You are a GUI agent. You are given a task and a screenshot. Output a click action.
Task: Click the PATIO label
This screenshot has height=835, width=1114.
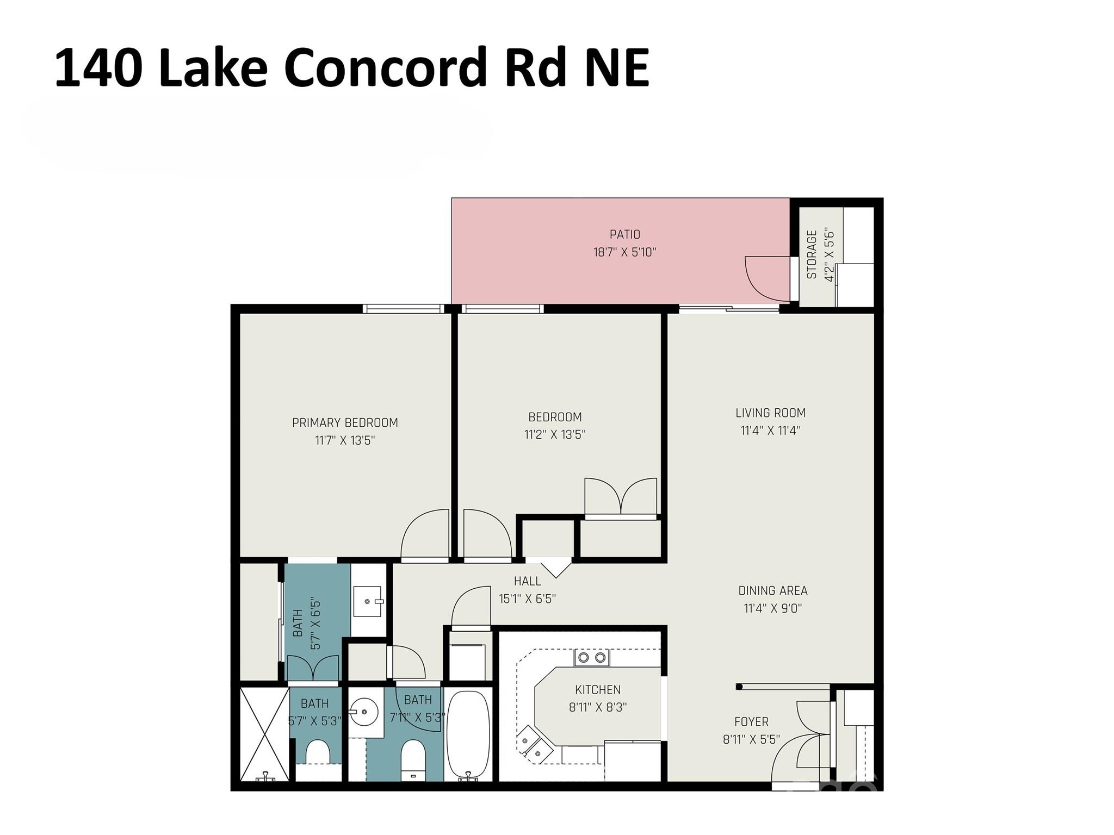pos(624,234)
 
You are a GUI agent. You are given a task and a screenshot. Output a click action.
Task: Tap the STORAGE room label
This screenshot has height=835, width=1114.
pos(812,254)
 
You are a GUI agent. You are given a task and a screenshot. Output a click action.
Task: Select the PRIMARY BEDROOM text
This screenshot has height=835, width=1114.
pos(345,422)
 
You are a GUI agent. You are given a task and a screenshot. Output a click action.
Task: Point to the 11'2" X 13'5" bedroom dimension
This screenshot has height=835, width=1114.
pos(555,434)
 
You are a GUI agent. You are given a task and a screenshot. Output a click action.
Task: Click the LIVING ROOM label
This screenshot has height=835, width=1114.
pos(770,413)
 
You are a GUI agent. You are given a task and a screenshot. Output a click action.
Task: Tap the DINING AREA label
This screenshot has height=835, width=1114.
pos(772,590)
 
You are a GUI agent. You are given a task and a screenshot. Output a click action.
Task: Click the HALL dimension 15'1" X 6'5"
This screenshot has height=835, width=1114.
pos(527,599)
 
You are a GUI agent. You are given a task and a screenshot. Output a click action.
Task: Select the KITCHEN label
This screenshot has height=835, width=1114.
pos(597,690)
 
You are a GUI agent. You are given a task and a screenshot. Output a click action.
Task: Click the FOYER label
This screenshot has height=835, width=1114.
pos(751,722)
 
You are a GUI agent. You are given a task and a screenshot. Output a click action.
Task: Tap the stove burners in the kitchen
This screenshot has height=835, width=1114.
pos(592,658)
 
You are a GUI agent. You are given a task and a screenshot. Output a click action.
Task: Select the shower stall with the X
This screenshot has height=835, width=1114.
pos(264,734)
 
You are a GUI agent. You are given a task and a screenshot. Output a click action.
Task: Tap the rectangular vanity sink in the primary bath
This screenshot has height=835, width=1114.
pos(368,601)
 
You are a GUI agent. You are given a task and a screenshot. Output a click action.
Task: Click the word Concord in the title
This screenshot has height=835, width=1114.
pos(384,68)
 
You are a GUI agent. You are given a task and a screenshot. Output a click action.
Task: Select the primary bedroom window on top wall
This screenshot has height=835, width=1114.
pos(403,309)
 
